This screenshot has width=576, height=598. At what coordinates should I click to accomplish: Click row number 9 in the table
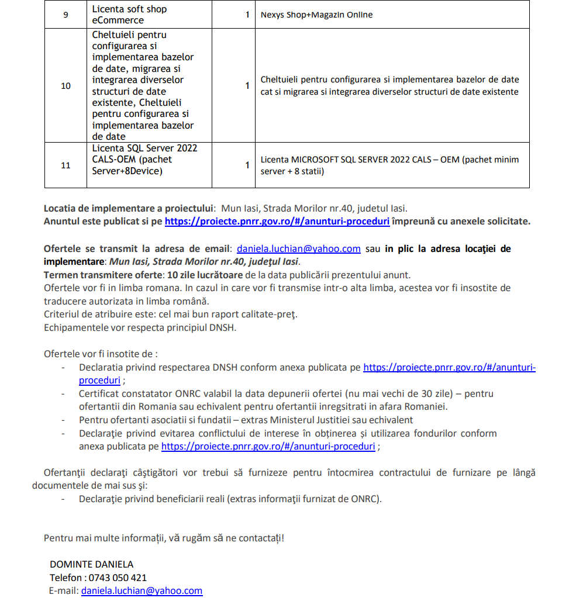tap(65, 15)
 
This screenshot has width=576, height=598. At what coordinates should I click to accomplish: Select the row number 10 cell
tap(65, 86)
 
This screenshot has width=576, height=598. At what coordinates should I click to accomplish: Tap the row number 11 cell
tap(65, 165)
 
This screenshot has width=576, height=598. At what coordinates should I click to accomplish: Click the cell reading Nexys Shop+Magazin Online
tap(316, 15)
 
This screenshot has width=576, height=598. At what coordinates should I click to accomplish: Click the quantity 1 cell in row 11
tap(247, 165)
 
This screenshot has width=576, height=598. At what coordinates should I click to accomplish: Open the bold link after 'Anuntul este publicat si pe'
tap(277, 222)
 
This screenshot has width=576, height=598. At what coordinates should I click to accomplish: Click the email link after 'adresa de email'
tap(298, 248)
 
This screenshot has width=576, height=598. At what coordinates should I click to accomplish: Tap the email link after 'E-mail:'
tap(142, 590)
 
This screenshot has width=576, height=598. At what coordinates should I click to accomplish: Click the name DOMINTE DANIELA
tap(91, 564)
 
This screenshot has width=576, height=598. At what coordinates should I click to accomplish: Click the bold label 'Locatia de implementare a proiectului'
tap(129, 208)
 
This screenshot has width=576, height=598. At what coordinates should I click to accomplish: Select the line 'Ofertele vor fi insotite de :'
tap(101, 354)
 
